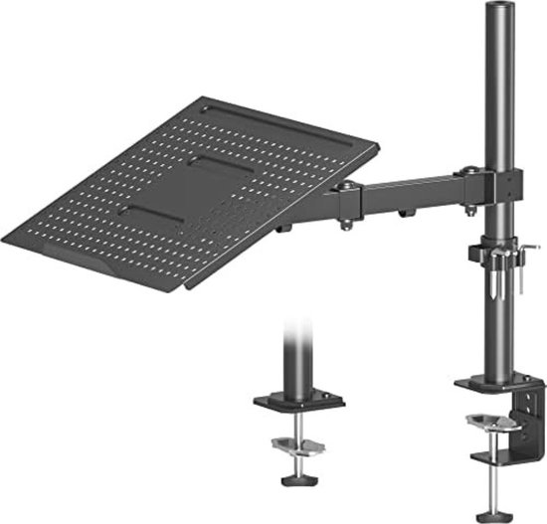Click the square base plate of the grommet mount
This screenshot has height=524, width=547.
coord(297,403)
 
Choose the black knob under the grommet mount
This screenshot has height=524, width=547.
coord(295,480)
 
